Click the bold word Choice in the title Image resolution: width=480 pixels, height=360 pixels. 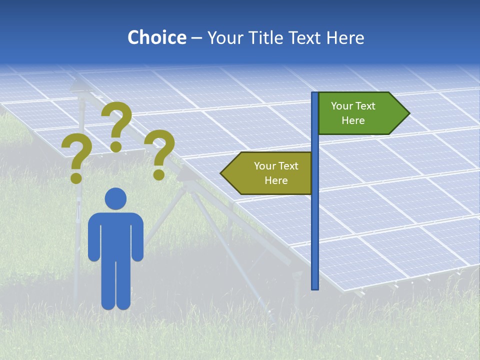pos(156,37)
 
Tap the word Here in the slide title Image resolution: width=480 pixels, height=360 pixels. pos(345,37)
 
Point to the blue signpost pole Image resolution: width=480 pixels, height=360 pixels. pos(315,225)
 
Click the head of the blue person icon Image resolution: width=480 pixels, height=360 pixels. pos(115,198)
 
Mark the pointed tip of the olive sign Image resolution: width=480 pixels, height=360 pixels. pos(222,173)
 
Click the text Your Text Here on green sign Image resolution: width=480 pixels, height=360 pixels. pos(353,113)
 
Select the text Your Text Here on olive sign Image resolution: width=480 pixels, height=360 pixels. pos(275,173)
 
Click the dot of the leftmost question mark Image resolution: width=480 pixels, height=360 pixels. pos(76,177)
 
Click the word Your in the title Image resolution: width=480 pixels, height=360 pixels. pos(223,37)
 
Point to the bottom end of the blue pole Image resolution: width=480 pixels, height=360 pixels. pos(315,287)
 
